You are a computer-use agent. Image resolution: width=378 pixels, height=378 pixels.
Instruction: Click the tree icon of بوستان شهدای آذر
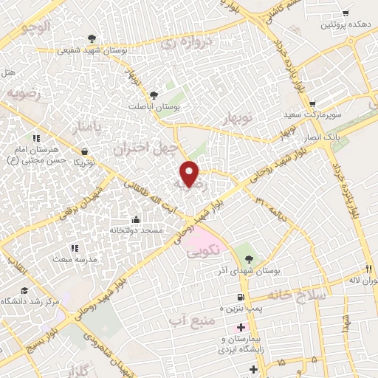click(x=248, y=259)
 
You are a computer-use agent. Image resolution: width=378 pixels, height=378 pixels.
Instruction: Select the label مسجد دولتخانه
click(x=135, y=231)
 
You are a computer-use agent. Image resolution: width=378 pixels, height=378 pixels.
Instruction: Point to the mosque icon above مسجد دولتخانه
click(x=135, y=219)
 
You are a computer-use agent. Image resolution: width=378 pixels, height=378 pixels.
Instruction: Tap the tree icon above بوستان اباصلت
click(x=153, y=95)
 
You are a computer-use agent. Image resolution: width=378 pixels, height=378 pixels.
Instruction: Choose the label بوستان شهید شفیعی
click(x=91, y=50)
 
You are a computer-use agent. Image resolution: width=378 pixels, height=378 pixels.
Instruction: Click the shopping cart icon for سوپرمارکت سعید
click(x=313, y=104)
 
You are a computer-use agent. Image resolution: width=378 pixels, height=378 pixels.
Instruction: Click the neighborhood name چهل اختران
click(x=145, y=146)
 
